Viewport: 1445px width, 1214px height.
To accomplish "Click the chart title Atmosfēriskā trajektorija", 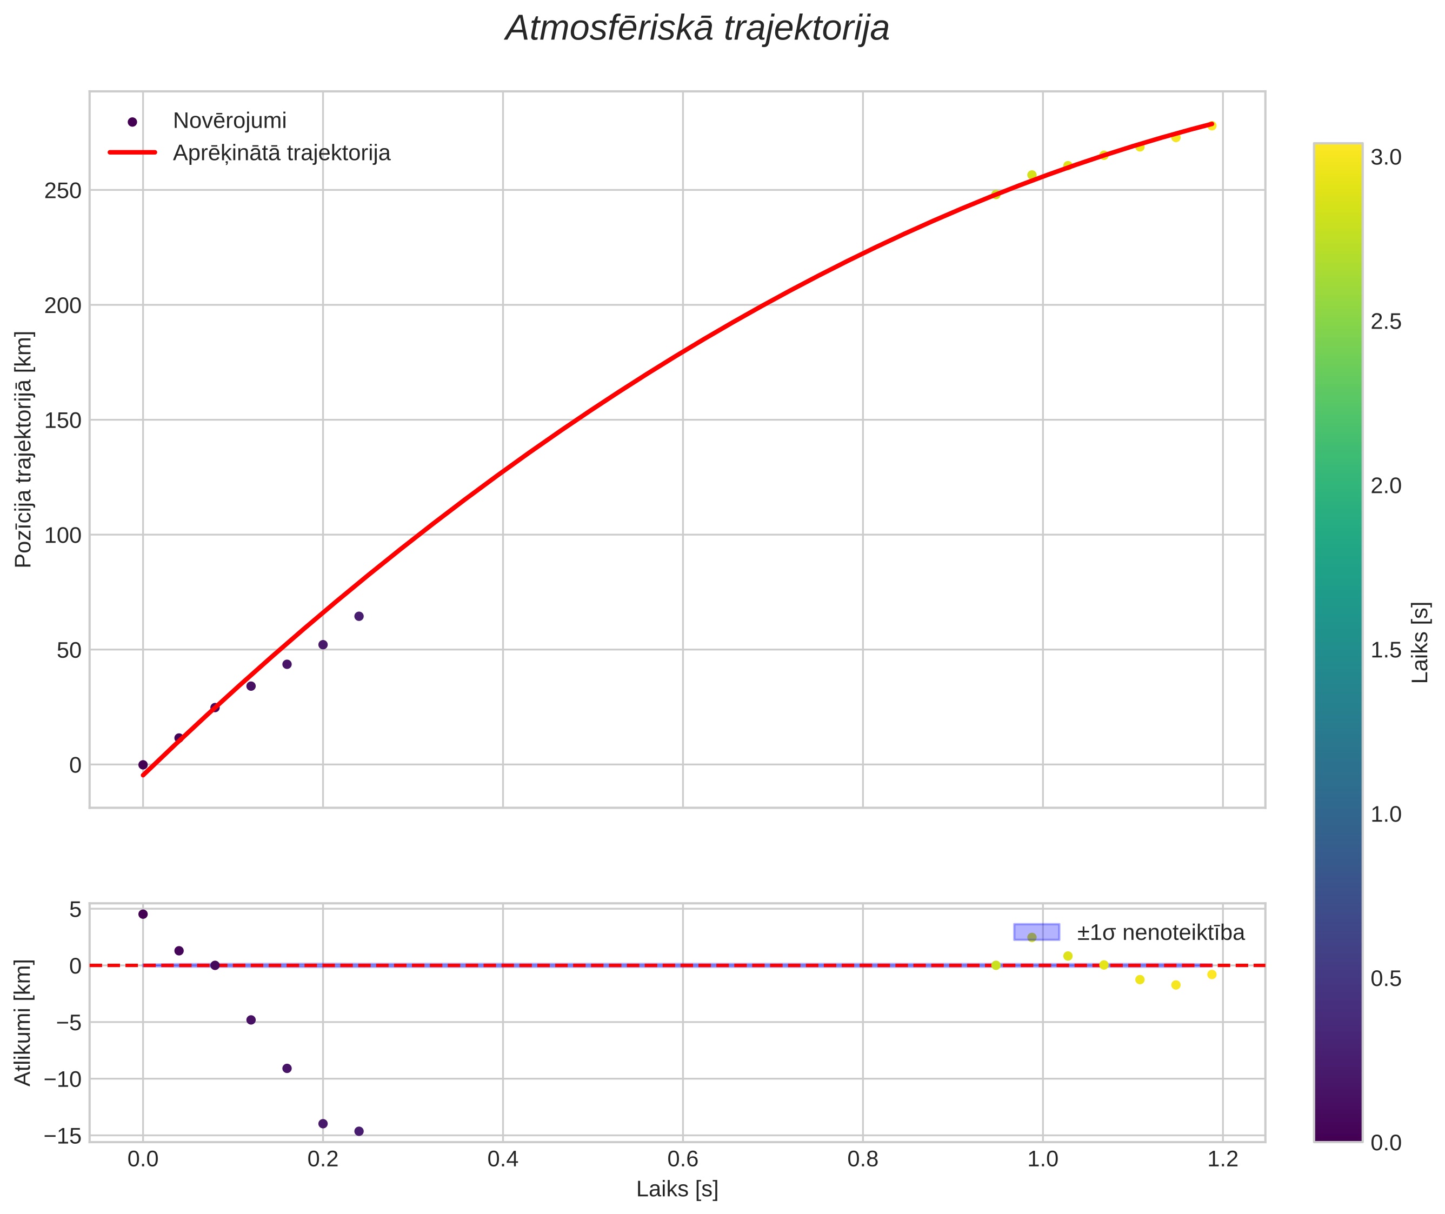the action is click(697, 29).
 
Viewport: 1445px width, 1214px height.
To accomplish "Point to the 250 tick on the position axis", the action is click(63, 191).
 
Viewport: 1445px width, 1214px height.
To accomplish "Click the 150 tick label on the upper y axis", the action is click(63, 421).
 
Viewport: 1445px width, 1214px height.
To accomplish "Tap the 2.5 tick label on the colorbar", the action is click(1386, 322).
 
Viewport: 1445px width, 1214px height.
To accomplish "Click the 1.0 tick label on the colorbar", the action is click(1386, 814).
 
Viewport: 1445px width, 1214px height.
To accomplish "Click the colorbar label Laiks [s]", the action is click(1421, 643).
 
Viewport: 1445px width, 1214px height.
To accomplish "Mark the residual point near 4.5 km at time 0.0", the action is click(143, 914).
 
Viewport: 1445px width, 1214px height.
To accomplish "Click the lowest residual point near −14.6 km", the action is click(358, 1131).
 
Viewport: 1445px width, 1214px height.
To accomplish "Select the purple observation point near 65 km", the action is click(358, 616).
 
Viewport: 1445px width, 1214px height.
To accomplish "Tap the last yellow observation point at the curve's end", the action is click(1211, 126).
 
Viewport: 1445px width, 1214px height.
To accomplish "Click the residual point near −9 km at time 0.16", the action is click(287, 1068).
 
